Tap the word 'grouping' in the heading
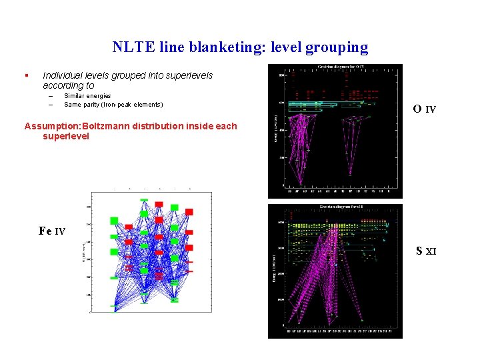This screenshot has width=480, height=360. click(x=338, y=47)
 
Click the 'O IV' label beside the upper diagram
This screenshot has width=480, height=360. click(x=424, y=109)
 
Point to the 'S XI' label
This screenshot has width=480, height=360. click(x=426, y=251)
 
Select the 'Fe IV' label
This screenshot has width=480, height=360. click(x=52, y=231)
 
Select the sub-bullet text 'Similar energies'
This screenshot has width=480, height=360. click(x=87, y=96)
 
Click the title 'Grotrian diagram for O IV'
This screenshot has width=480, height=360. click(x=340, y=67)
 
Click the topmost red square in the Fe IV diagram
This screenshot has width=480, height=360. click(x=159, y=204)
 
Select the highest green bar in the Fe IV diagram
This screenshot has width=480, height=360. click(x=143, y=199)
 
